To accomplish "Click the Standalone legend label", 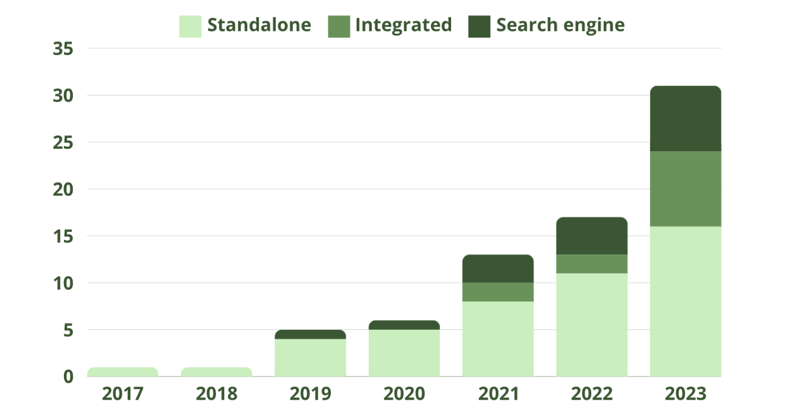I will tap(259, 25).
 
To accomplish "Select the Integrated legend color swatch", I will tap(339, 27).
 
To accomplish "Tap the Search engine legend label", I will tap(560, 25).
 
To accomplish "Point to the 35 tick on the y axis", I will tap(63, 48).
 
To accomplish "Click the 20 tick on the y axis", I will tap(63, 189).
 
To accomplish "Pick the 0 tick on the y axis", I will tap(68, 377).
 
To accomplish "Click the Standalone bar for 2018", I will tap(217, 372).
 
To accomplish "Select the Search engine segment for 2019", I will tap(310, 335).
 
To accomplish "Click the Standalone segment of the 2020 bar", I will tap(404, 353).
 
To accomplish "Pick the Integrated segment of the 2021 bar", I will tap(498, 292).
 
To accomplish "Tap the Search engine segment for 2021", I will tap(498, 269).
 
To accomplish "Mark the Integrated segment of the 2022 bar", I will tap(592, 264).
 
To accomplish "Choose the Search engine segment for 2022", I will tap(592, 236).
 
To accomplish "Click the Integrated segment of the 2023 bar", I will tap(685, 189).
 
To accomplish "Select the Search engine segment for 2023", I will tap(685, 119).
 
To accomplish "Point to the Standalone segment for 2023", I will tap(685, 301).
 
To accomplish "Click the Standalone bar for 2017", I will tap(123, 372).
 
